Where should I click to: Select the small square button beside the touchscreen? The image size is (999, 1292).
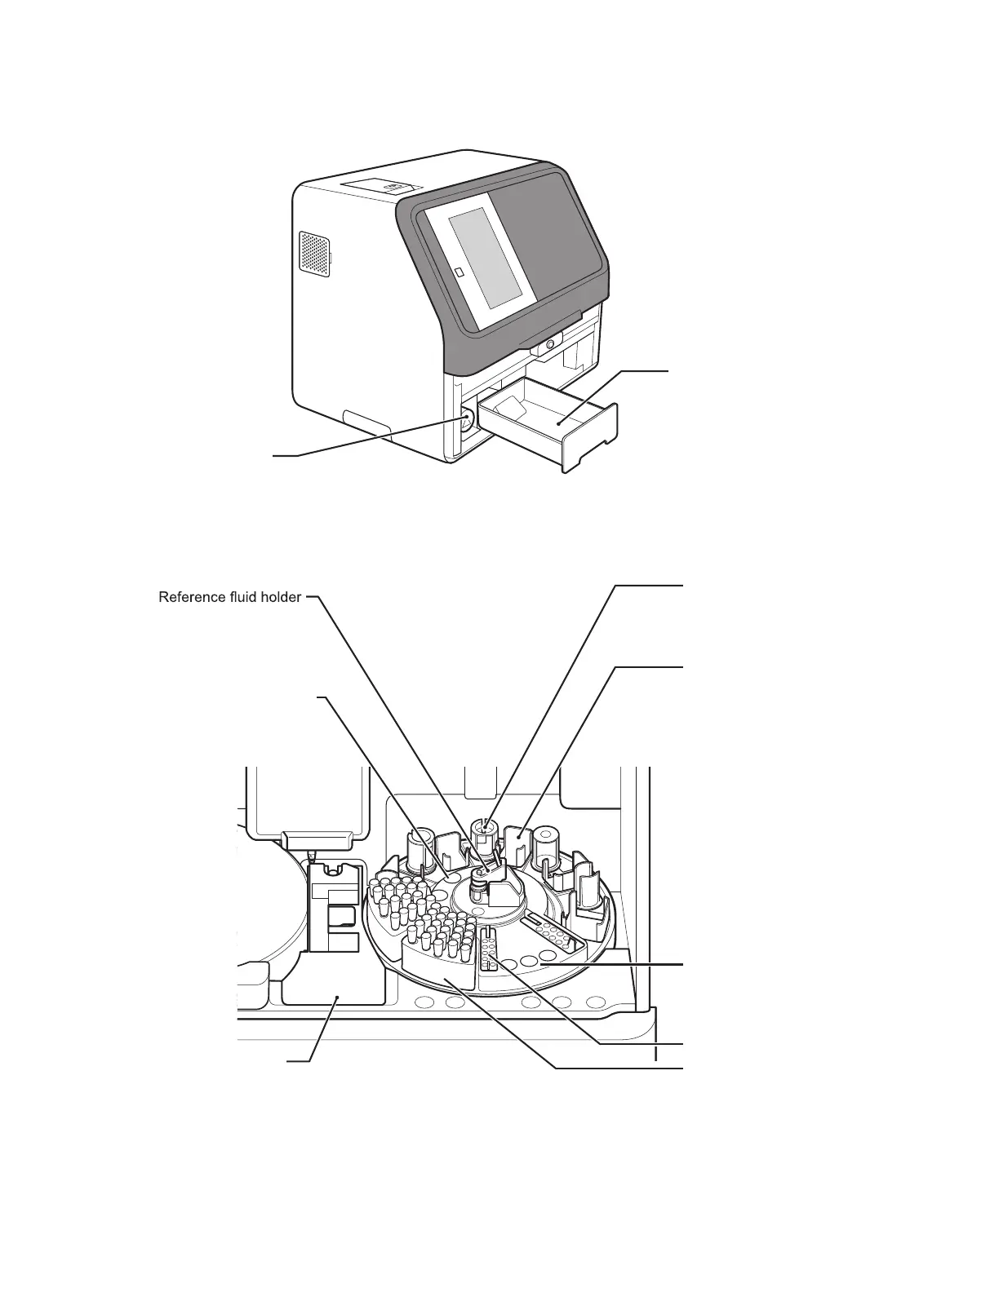459,272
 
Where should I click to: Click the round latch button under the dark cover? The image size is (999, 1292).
551,345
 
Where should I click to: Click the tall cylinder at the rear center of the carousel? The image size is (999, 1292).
486,832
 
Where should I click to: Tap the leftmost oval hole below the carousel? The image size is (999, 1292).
424,1002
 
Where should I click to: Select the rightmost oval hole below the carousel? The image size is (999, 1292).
597,1002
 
